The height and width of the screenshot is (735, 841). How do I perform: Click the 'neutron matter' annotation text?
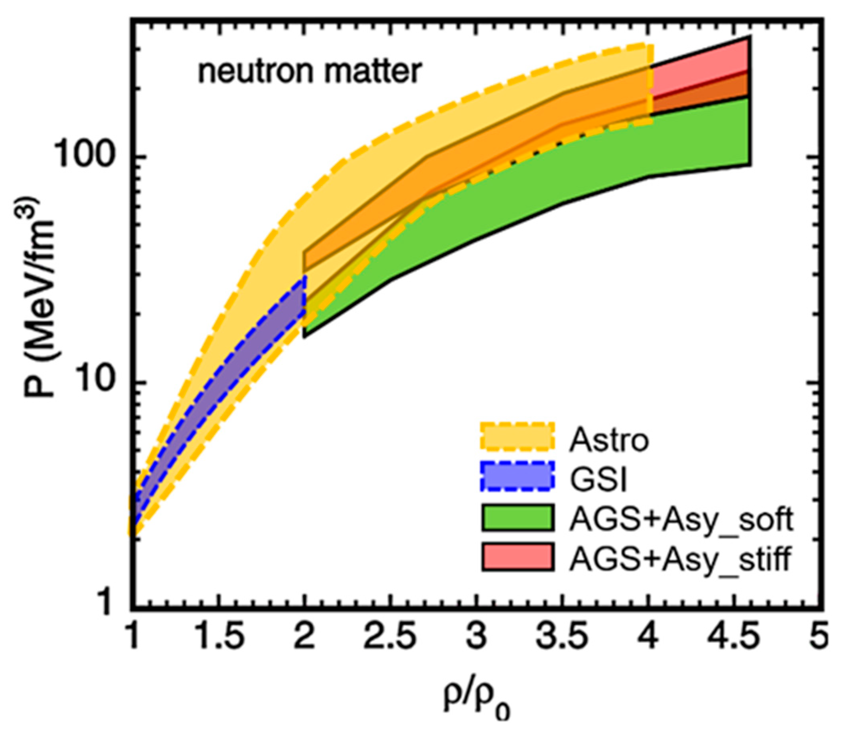310,72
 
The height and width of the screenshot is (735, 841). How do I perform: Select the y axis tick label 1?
107,603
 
